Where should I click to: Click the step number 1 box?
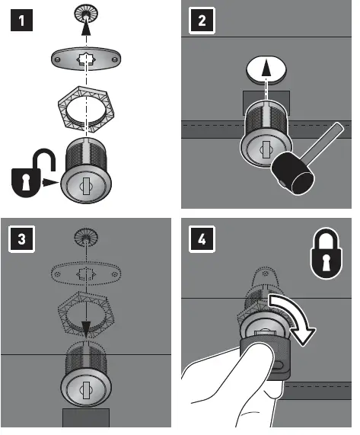point(21,21)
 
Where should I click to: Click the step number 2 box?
point(202,21)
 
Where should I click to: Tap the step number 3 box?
point(21,239)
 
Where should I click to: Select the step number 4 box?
point(202,239)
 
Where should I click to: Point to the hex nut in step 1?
point(86,107)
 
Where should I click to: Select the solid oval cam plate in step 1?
point(86,59)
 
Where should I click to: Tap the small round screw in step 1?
point(86,14)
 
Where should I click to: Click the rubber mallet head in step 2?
point(293,174)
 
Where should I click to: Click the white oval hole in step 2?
point(266,70)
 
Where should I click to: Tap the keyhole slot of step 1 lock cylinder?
point(86,186)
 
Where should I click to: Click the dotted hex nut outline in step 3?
point(86,313)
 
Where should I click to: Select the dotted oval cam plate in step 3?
point(86,274)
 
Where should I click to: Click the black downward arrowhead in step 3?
point(86,329)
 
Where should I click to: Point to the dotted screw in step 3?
point(86,237)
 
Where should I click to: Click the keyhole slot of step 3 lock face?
point(86,390)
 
